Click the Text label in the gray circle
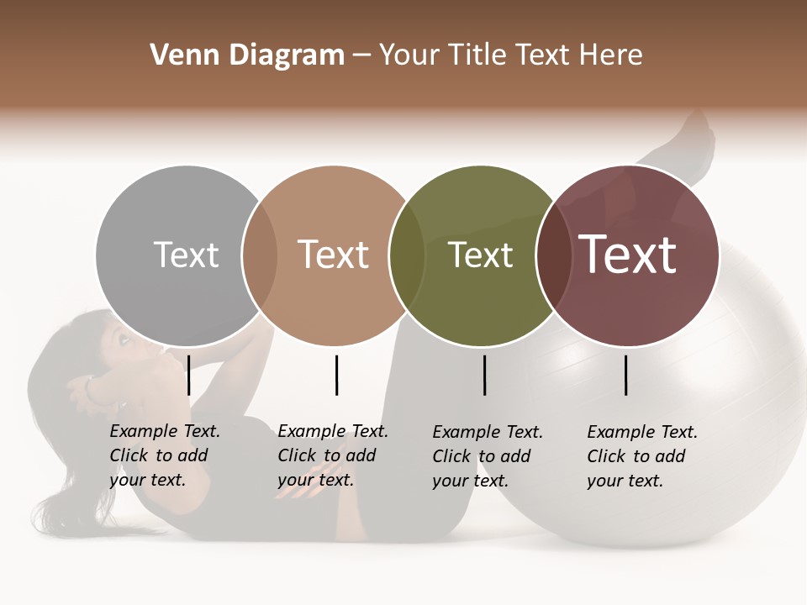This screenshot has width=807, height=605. click(186, 255)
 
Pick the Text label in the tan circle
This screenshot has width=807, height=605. click(333, 255)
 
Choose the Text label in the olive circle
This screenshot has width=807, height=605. click(480, 255)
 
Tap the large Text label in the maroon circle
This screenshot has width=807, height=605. click(627, 255)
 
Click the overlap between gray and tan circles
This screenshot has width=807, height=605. click(260, 255)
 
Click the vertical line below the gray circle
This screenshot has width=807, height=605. click(189, 375)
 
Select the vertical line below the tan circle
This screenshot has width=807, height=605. click(336, 375)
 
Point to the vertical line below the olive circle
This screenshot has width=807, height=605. click(484, 375)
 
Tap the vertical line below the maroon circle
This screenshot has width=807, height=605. click(625, 375)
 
